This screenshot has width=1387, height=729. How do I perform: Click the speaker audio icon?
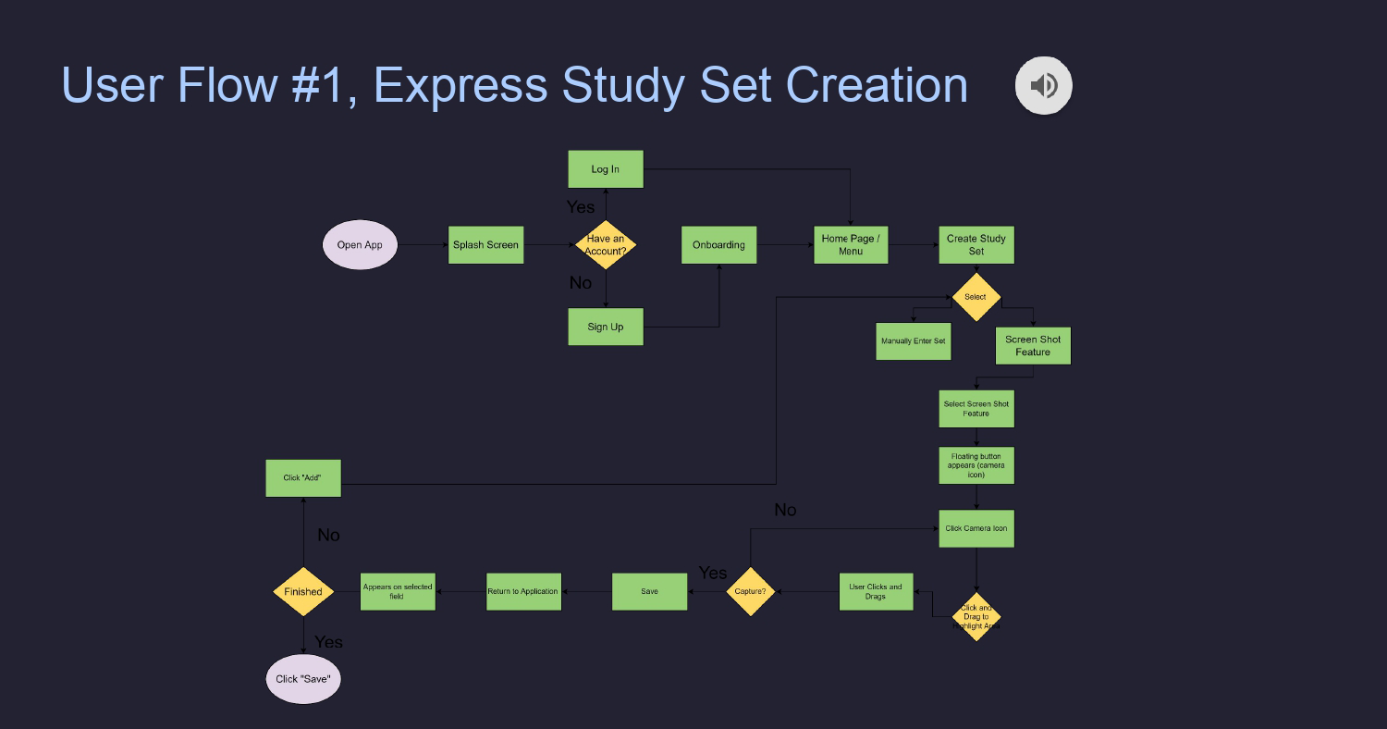pos(1043,86)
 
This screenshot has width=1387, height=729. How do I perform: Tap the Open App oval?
pos(360,245)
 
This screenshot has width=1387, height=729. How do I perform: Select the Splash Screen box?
pos(485,245)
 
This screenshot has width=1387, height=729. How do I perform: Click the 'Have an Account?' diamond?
pos(606,245)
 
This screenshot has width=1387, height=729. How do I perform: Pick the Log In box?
pos(606,169)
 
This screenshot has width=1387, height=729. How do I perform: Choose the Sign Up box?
pos(606,327)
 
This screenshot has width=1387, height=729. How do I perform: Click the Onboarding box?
pos(718,245)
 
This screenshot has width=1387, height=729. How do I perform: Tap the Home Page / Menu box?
pos(851,245)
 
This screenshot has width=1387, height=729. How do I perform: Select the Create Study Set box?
pos(976,245)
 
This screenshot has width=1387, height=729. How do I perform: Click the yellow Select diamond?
pos(976,297)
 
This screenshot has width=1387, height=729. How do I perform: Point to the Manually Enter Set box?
pos(914,341)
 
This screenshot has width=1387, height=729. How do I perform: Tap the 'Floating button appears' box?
pos(976,465)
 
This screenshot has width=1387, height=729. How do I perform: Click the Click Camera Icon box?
pos(976,529)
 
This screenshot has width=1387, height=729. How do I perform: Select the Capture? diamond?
pos(750,591)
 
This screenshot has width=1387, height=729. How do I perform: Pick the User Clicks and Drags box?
pos(876,592)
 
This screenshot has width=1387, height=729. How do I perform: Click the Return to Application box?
pos(523,592)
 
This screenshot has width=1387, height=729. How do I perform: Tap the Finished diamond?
pos(303,592)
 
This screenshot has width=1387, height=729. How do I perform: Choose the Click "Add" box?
pos(303,478)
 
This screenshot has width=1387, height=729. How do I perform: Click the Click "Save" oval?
pos(303,679)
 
